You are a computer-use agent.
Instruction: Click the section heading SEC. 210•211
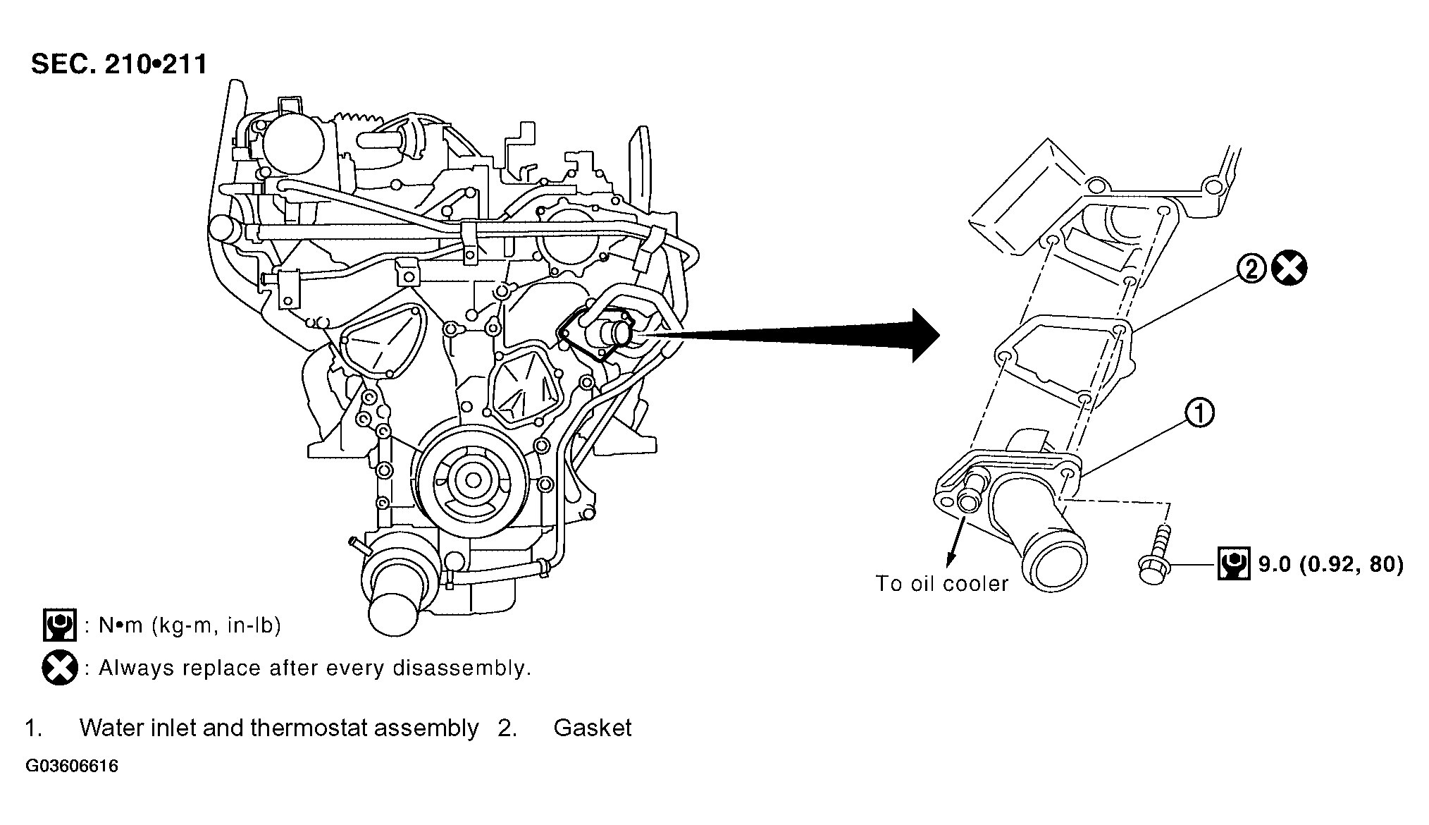[x=119, y=64]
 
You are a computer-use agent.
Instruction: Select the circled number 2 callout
[x=1252, y=269]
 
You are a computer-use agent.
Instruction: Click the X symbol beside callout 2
[x=1289, y=269]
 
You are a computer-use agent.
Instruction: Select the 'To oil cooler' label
[x=941, y=583]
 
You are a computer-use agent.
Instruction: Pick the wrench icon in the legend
[x=60, y=625]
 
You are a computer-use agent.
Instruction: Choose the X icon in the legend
[x=60, y=667]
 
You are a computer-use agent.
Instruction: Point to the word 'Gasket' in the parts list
[x=593, y=728]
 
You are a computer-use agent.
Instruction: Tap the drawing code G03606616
[x=72, y=766]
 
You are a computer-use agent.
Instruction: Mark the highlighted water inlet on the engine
[x=599, y=331]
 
